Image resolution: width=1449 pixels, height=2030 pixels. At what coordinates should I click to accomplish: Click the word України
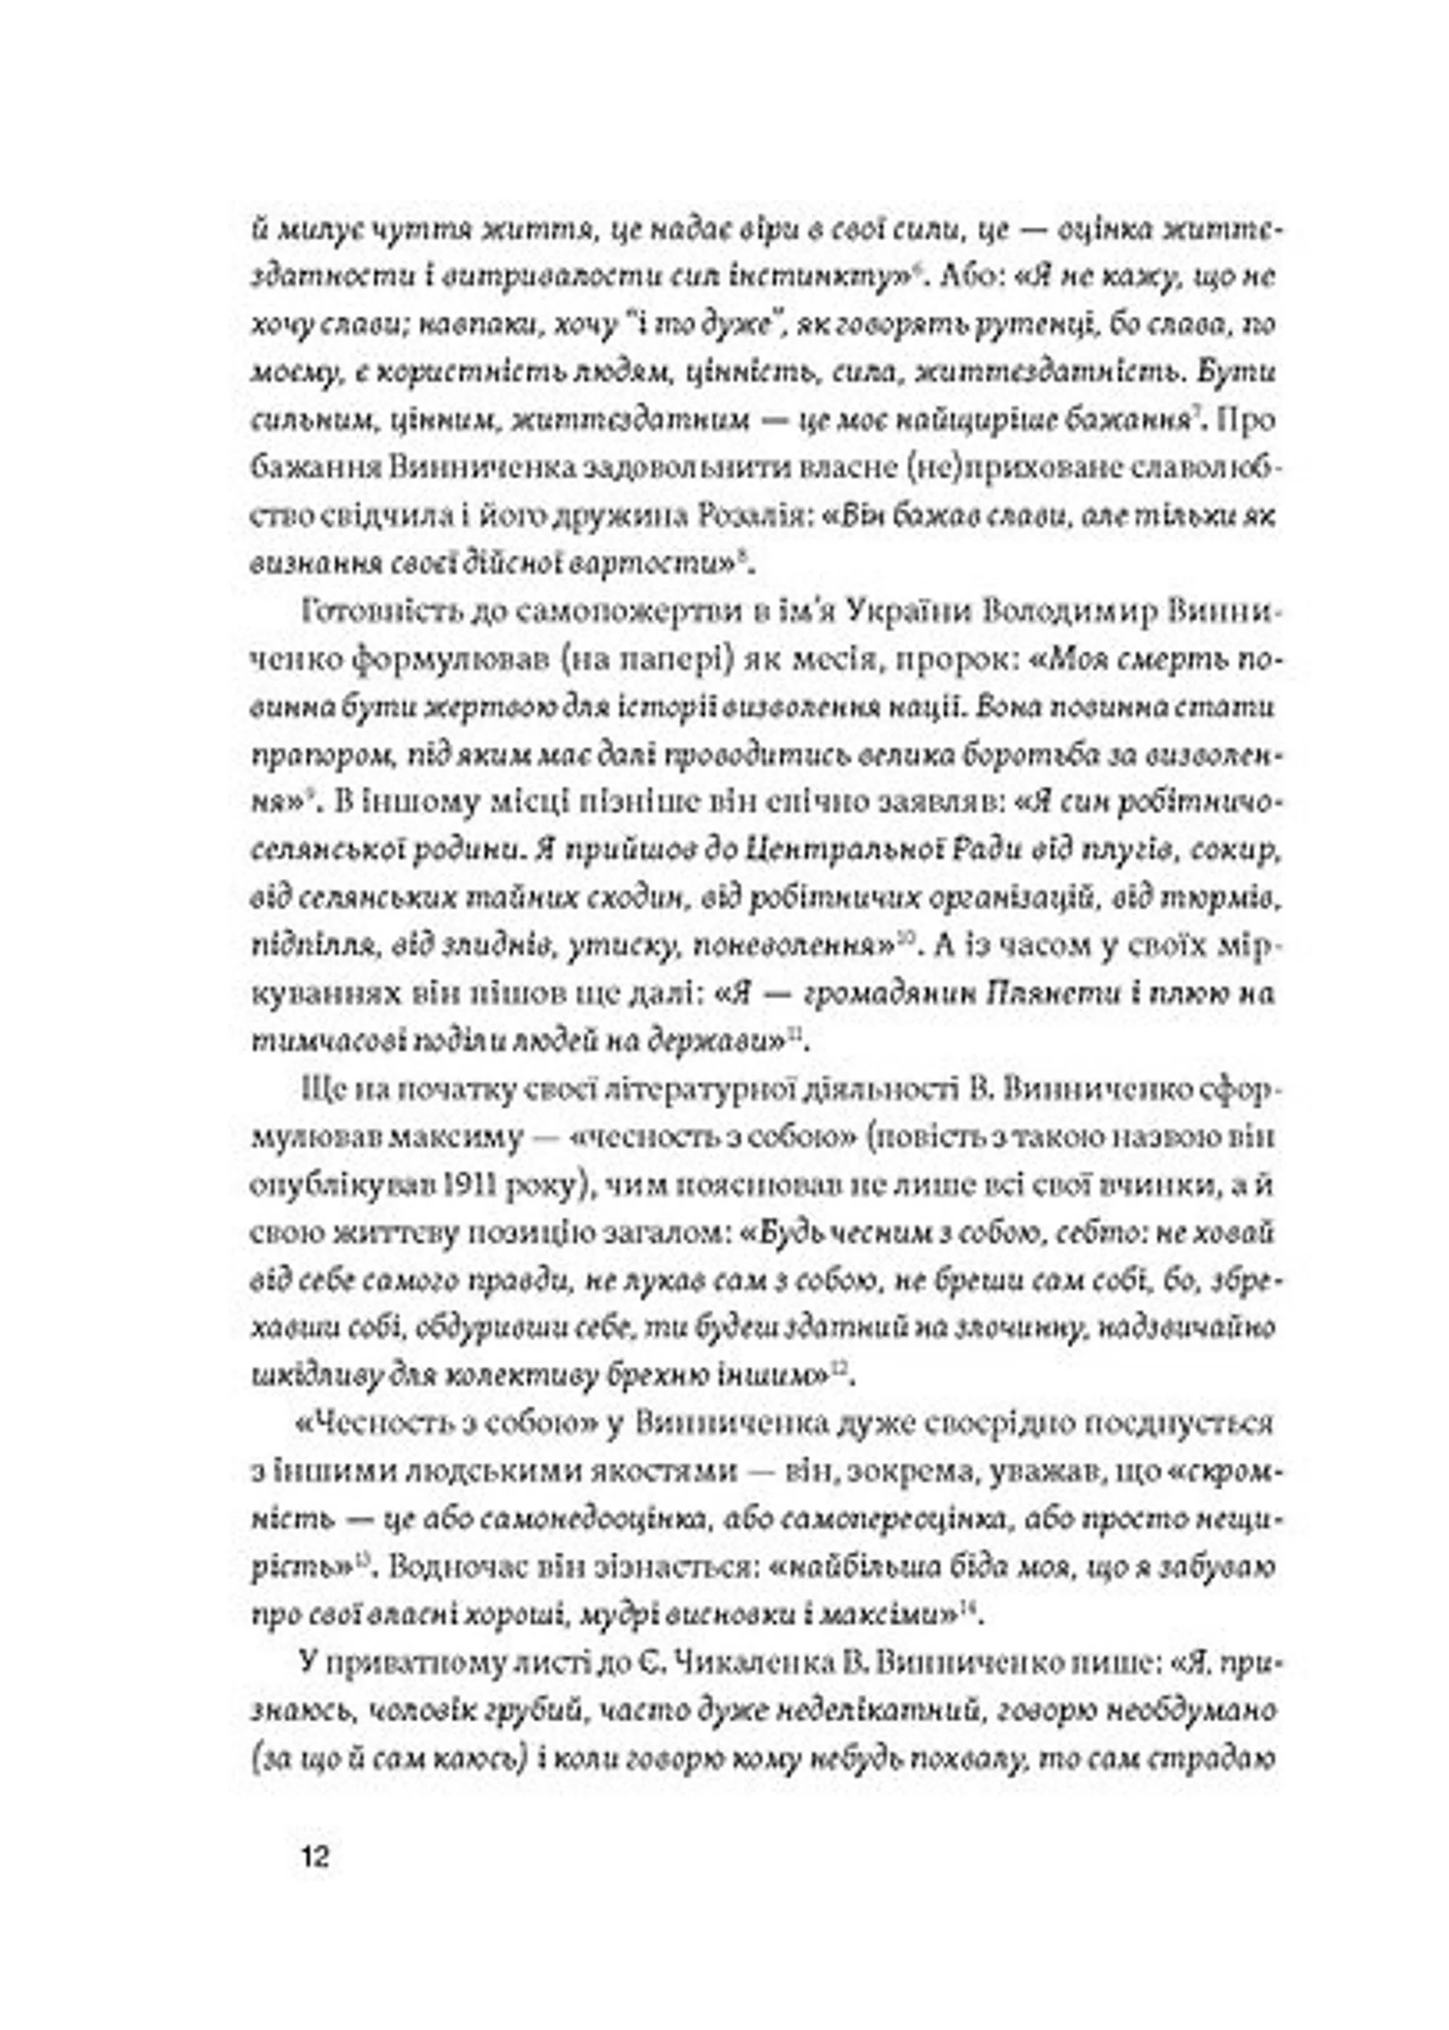[x=906, y=612]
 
